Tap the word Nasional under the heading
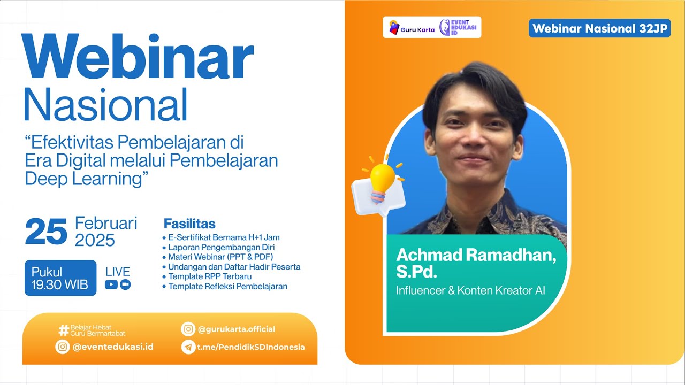105,104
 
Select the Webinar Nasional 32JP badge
599,29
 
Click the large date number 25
46,232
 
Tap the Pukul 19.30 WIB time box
60,278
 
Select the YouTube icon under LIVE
111,284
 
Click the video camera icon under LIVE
125,284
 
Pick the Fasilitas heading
189,224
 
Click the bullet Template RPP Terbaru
209,276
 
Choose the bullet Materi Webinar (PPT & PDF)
220,257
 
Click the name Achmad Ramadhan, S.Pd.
476,263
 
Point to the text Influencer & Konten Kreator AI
471,291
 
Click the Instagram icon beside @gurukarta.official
188,329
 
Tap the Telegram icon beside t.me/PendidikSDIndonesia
188,347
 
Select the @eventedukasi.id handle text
113,346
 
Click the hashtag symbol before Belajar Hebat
64,330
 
